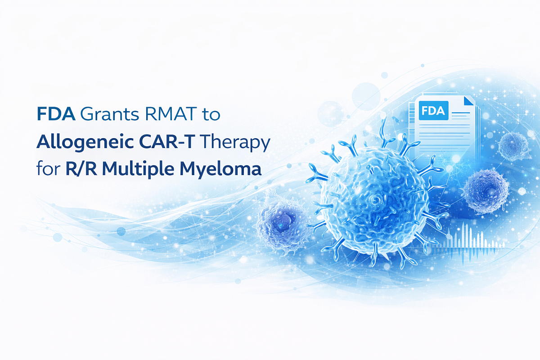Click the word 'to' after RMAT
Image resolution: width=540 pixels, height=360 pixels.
click(211, 115)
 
